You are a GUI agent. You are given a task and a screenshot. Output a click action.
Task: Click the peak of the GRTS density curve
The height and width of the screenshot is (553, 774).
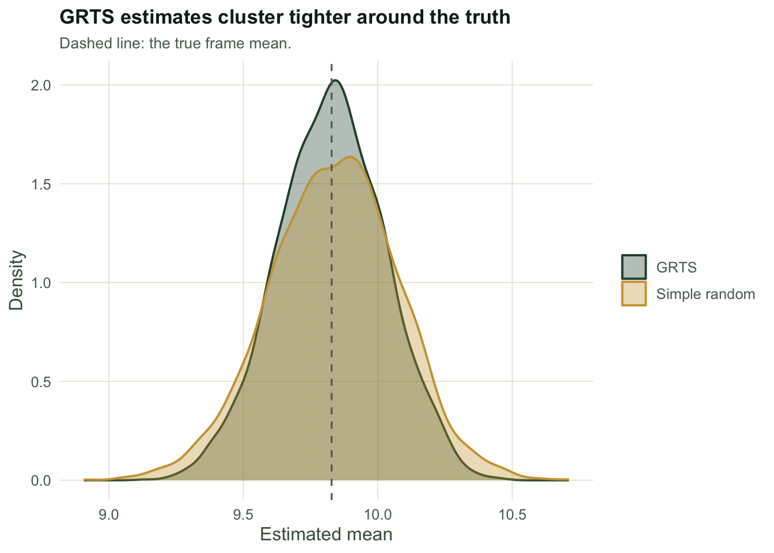[335, 81]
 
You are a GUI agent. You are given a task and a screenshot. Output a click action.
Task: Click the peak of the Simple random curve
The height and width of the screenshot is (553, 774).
[351, 157]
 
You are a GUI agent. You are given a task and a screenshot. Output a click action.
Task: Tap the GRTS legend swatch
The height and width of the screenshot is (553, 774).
[634, 267]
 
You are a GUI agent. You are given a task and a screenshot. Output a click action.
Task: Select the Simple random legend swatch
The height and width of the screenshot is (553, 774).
[634, 294]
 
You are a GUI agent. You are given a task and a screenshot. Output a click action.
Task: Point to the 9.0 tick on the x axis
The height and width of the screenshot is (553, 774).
[109, 515]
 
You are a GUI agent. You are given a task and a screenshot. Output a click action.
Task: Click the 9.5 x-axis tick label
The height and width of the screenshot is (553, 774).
[243, 515]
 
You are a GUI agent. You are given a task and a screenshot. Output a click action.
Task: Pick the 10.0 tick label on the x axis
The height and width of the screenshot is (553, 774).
[378, 515]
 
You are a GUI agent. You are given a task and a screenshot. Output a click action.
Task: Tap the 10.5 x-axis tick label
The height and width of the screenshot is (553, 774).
[512, 515]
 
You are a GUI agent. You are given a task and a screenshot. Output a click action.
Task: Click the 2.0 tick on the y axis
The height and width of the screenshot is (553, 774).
[41, 85]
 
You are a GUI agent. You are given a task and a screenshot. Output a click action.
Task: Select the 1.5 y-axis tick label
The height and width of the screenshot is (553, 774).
[41, 184]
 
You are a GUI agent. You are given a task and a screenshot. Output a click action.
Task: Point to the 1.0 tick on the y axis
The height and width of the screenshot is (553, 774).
[41, 283]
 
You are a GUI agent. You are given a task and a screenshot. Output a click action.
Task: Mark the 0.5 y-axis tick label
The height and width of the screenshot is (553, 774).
[41, 382]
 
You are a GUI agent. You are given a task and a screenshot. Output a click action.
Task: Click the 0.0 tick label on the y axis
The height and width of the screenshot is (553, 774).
[41, 481]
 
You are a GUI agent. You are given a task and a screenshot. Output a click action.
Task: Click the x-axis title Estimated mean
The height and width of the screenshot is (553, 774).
[326, 535]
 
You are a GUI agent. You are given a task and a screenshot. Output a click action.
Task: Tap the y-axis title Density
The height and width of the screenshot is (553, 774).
[16, 281]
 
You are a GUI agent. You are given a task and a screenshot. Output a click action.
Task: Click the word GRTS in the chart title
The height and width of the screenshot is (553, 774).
[87, 17]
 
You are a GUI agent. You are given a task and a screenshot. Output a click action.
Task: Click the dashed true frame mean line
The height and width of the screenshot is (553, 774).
[332, 282]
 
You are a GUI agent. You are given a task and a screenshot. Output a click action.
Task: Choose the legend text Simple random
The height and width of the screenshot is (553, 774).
[705, 294]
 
